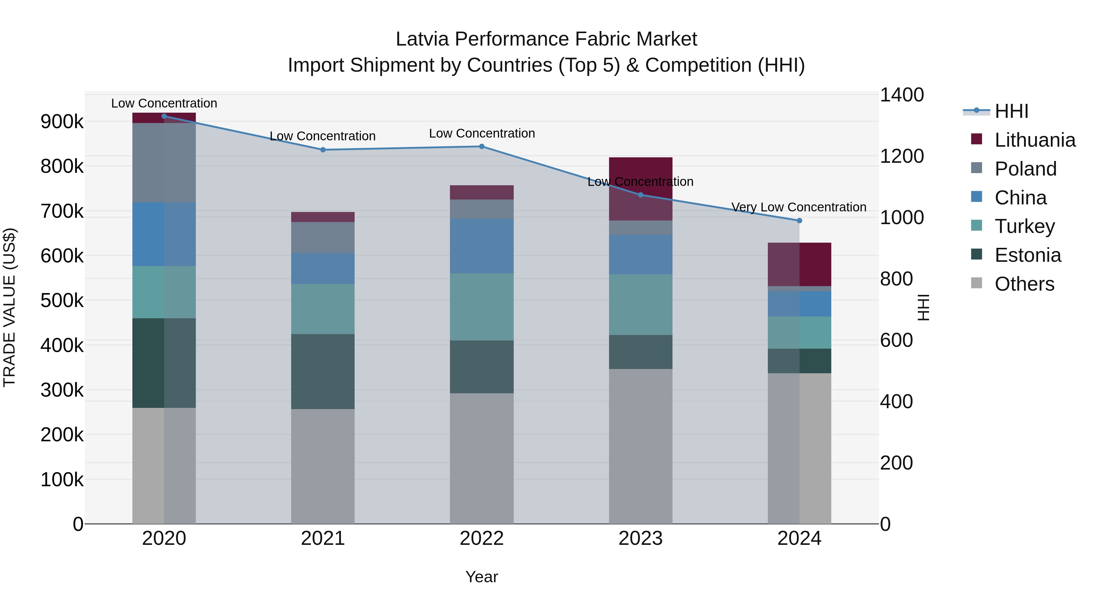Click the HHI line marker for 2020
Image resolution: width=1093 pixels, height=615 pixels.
tap(164, 116)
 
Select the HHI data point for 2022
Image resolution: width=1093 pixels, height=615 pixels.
tap(482, 146)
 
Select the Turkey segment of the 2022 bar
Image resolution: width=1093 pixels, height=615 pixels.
tap(482, 307)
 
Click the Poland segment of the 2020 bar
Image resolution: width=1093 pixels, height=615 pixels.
tap(164, 162)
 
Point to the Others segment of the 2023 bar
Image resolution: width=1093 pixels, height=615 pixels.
tap(641, 446)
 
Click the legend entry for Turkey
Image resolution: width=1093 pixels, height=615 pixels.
tap(1025, 226)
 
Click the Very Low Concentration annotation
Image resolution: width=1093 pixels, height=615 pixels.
tap(798, 207)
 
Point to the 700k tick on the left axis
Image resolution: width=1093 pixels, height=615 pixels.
tap(62, 211)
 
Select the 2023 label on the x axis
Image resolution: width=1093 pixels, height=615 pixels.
tap(640, 538)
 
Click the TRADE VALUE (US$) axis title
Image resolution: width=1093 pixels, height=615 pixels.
tap(9, 307)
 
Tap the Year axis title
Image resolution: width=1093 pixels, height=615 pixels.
tap(482, 577)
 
